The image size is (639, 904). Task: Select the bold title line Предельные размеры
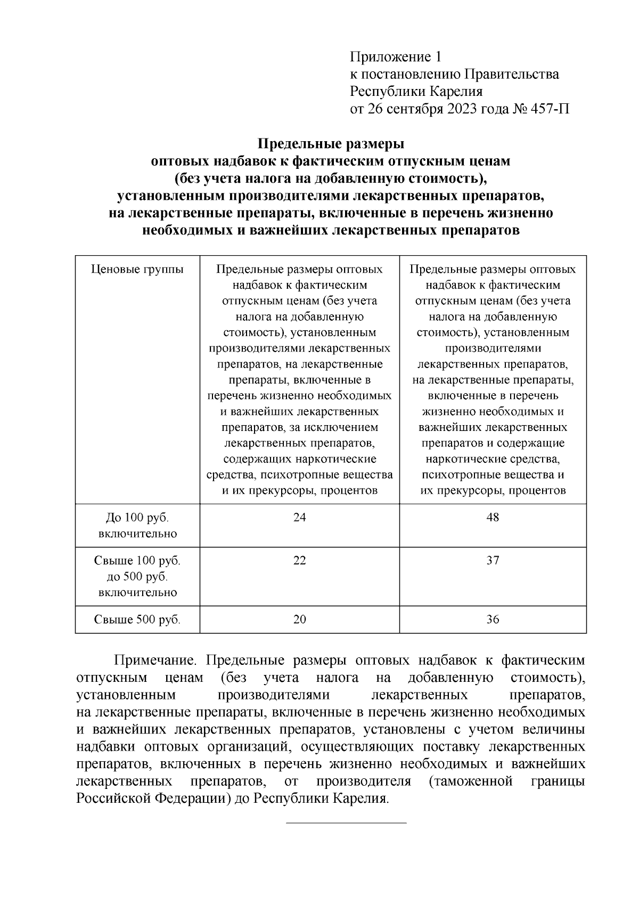click(x=331, y=144)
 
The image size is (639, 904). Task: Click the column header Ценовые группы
click(x=137, y=269)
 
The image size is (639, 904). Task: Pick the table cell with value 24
click(x=300, y=517)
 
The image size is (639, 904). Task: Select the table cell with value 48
click(x=493, y=517)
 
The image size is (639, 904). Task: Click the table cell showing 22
click(x=300, y=560)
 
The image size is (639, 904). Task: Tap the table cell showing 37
click(x=493, y=560)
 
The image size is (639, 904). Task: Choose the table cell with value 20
click(x=300, y=620)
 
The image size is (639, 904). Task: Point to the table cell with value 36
click(x=493, y=620)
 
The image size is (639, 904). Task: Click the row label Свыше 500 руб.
click(x=137, y=620)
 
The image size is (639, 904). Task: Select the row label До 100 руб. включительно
click(x=137, y=525)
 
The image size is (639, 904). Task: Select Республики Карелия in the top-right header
click(x=416, y=92)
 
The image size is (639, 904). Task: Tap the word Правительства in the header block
click(x=512, y=74)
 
